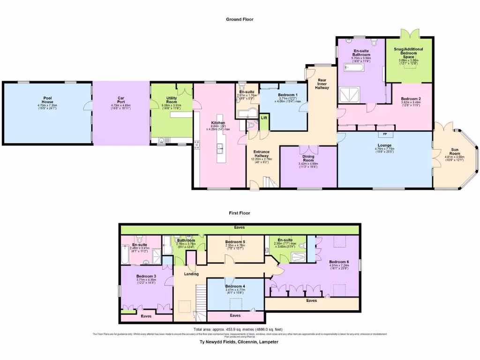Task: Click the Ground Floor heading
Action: point(240,19)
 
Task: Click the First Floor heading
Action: point(240,213)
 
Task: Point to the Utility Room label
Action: point(171,100)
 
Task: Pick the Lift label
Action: point(263,118)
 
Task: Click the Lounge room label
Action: point(384,145)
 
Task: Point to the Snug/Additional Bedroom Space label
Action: point(408,53)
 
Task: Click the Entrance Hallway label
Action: point(262,155)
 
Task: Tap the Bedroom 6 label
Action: point(338,262)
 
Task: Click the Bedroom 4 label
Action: point(235,286)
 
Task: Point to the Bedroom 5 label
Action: point(235,241)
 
